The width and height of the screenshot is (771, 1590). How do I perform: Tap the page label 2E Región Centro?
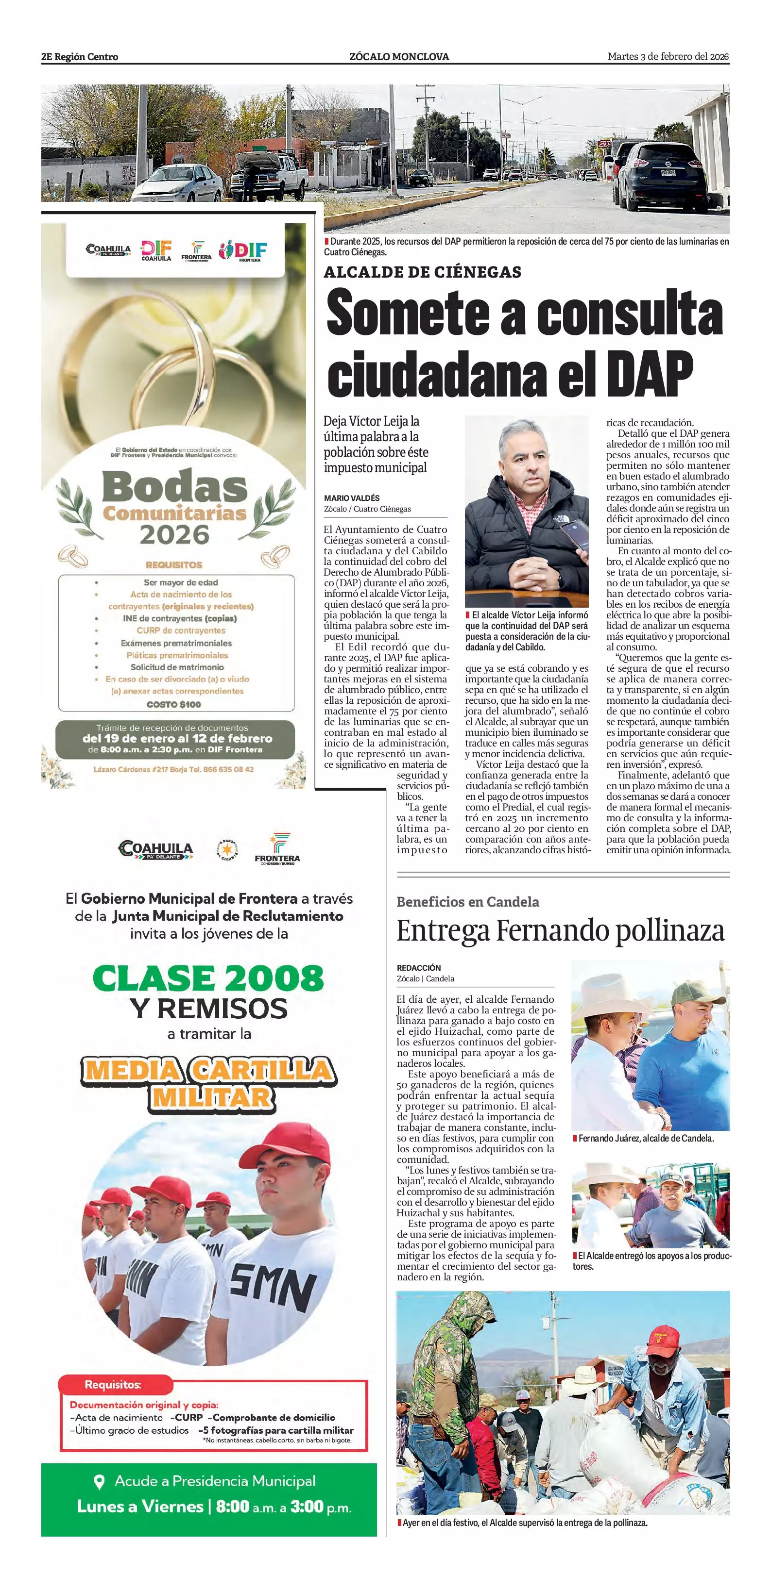click(x=80, y=57)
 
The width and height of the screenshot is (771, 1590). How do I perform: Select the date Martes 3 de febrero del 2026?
click(x=668, y=57)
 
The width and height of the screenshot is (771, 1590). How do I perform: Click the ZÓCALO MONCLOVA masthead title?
click(x=399, y=57)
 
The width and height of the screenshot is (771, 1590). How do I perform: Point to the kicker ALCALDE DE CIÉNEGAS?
click(x=423, y=272)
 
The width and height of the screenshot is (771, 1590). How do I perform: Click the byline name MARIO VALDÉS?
click(x=352, y=498)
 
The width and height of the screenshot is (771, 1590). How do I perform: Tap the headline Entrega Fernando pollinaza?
click(x=560, y=931)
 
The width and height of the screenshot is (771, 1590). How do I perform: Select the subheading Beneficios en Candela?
click(x=468, y=902)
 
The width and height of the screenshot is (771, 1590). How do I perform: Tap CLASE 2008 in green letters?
click(x=208, y=979)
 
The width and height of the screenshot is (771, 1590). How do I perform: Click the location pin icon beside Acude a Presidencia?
click(x=98, y=1481)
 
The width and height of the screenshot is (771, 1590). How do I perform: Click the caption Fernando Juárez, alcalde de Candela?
click(x=646, y=1138)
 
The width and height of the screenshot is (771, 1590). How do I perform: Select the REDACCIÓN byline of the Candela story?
click(x=419, y=968)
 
